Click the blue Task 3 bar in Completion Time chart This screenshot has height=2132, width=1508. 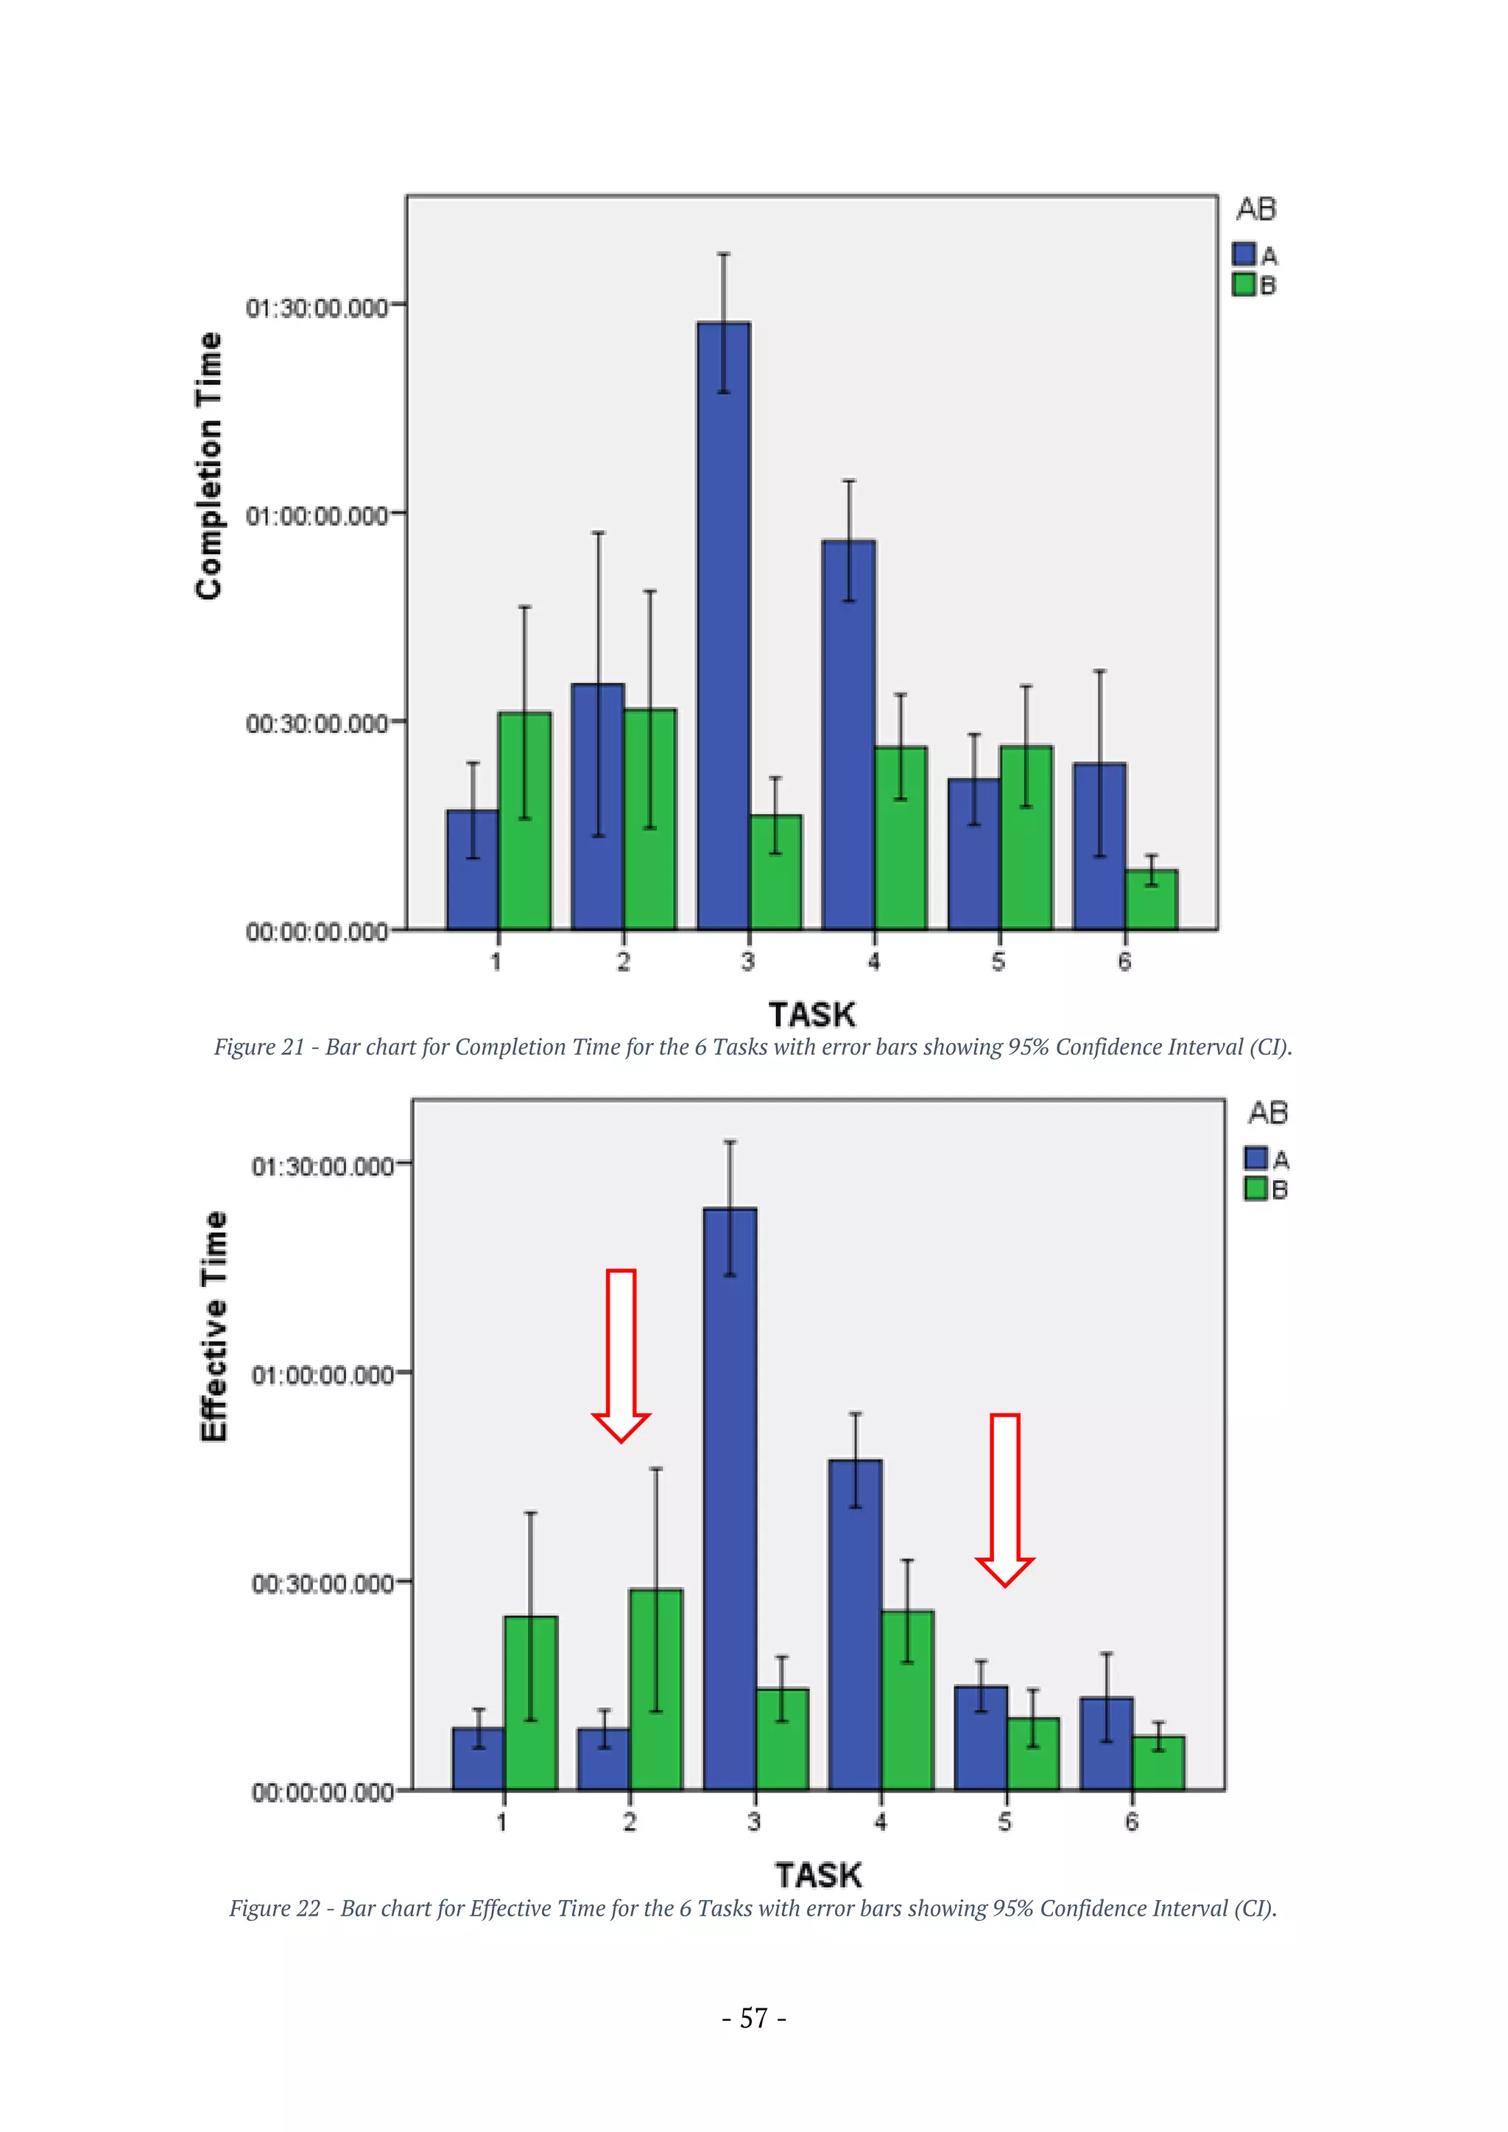[x=723, y=632]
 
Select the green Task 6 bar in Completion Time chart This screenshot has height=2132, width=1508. [x=1152, y=900]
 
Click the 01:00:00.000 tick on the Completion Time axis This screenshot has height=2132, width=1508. [x=317, y=515]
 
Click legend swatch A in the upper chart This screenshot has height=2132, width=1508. [x=1244, y=253]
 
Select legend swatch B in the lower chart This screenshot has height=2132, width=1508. [x=1255, y=1188]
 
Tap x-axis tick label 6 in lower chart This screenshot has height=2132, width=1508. [x=1131, y=1822]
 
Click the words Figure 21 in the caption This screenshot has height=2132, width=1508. [x=259, y=1048]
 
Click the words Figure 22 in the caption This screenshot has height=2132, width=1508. [x=274, y=1908]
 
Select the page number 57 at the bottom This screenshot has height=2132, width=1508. [x=753, y=2019]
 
